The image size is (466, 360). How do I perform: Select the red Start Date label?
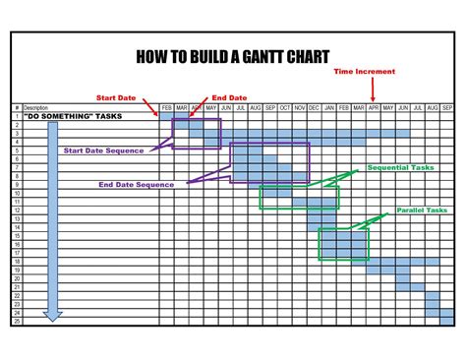tap(116, 96)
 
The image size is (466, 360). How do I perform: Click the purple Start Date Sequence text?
tap(103, 150)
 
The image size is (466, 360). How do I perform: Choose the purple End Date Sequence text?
tap(137, 184)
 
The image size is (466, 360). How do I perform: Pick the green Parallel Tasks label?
tap(422, 210)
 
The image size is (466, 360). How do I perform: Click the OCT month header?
tap(285, 107)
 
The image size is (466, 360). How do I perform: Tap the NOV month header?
tap(300, 107)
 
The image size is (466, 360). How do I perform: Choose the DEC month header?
tap(314, 107)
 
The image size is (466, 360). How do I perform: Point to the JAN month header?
tap(328, 107)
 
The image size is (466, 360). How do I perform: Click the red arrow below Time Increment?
tap(372, 90)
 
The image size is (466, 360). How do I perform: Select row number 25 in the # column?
tap(17, 322)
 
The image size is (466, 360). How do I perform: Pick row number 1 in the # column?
tap(17, 116)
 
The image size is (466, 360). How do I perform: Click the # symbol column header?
tap(17, 107)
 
